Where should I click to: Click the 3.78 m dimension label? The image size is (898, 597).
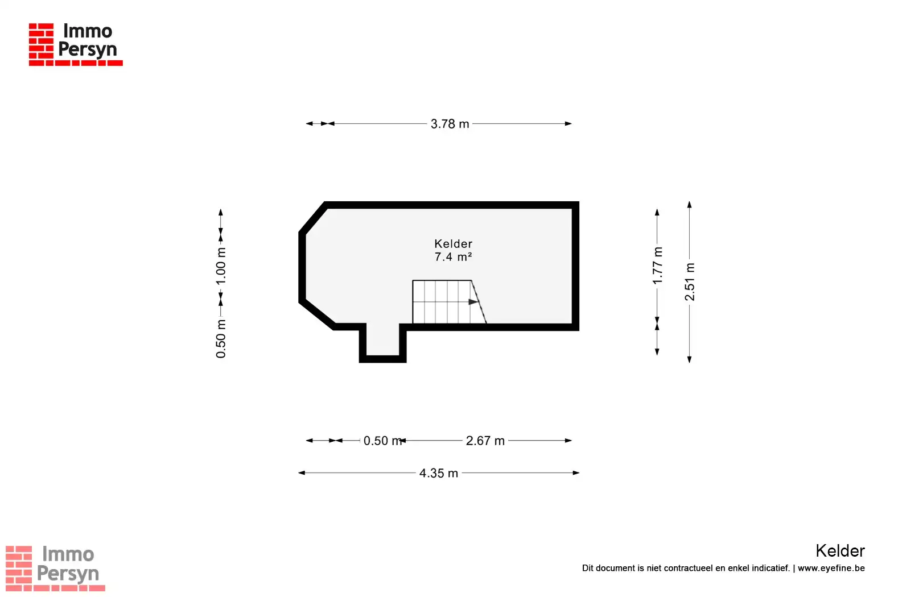(x=450, y=124)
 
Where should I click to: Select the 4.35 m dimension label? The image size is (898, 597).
(x=439, y=473)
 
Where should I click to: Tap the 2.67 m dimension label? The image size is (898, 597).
(x=485, y=441)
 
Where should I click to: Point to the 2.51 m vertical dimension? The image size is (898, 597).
(x=690, y=281)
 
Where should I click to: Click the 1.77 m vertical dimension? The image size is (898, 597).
(x=657, y=266)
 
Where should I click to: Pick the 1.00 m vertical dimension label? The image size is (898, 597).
(x=221, y=266)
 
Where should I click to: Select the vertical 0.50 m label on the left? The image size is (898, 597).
(x=221, y=339)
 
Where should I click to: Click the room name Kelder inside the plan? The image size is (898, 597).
(x=454, y=243)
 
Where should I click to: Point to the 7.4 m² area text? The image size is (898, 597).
(x=454, y=257)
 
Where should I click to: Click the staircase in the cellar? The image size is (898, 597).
(x=450, y=302)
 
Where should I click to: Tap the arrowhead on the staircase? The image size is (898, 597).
(x=473, y=302)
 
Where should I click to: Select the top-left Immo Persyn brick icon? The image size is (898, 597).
(x=41, y=42)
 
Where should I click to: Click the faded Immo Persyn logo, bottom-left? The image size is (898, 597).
(x=55, y=568)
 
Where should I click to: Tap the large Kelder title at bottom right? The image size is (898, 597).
(x=841, y=551)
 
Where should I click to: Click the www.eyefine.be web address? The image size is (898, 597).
(x=831, y=568)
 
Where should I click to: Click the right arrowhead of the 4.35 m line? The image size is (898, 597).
(x=576, y=473)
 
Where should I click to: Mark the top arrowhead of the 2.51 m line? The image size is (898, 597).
(x=690, y=205)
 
